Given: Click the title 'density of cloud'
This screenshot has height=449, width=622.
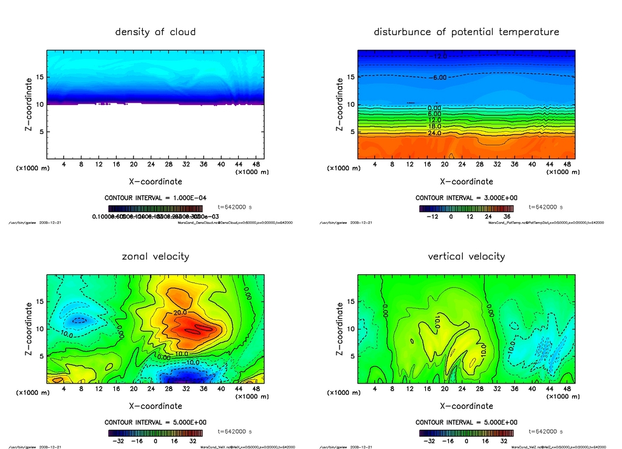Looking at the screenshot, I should pyautogui.click(x=155, y=32).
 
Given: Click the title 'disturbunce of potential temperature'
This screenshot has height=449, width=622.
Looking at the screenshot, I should pyautogui.click(x=466, y=32).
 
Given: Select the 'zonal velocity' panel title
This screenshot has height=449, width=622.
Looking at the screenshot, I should pyautogui.click(x=155, y=256).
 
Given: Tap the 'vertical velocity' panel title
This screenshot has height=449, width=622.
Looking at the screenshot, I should pyautogui.click(x=466, y=256).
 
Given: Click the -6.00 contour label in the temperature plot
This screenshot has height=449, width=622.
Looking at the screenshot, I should pyautogui.click(x=439, y=77).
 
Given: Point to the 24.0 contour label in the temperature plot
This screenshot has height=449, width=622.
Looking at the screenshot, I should pyautogui.click(x=435, y=133).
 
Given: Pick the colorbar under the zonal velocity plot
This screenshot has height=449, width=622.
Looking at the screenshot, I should pyautogui.click(x=155, y=433).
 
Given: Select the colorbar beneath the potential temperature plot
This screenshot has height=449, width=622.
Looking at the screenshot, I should pyautogui.click(x=466, y=208).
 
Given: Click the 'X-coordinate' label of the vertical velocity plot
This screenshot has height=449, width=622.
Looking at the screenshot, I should pyautogui.click(x=466, y=406).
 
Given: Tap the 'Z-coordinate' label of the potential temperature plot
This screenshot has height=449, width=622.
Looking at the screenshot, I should pyautogui.click(x=340, y=104).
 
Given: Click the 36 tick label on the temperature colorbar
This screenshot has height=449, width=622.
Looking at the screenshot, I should pyautogui.click(x=507, y=217).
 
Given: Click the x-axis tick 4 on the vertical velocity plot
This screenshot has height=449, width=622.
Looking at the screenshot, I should pyautogui.click(x=374, y=389).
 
